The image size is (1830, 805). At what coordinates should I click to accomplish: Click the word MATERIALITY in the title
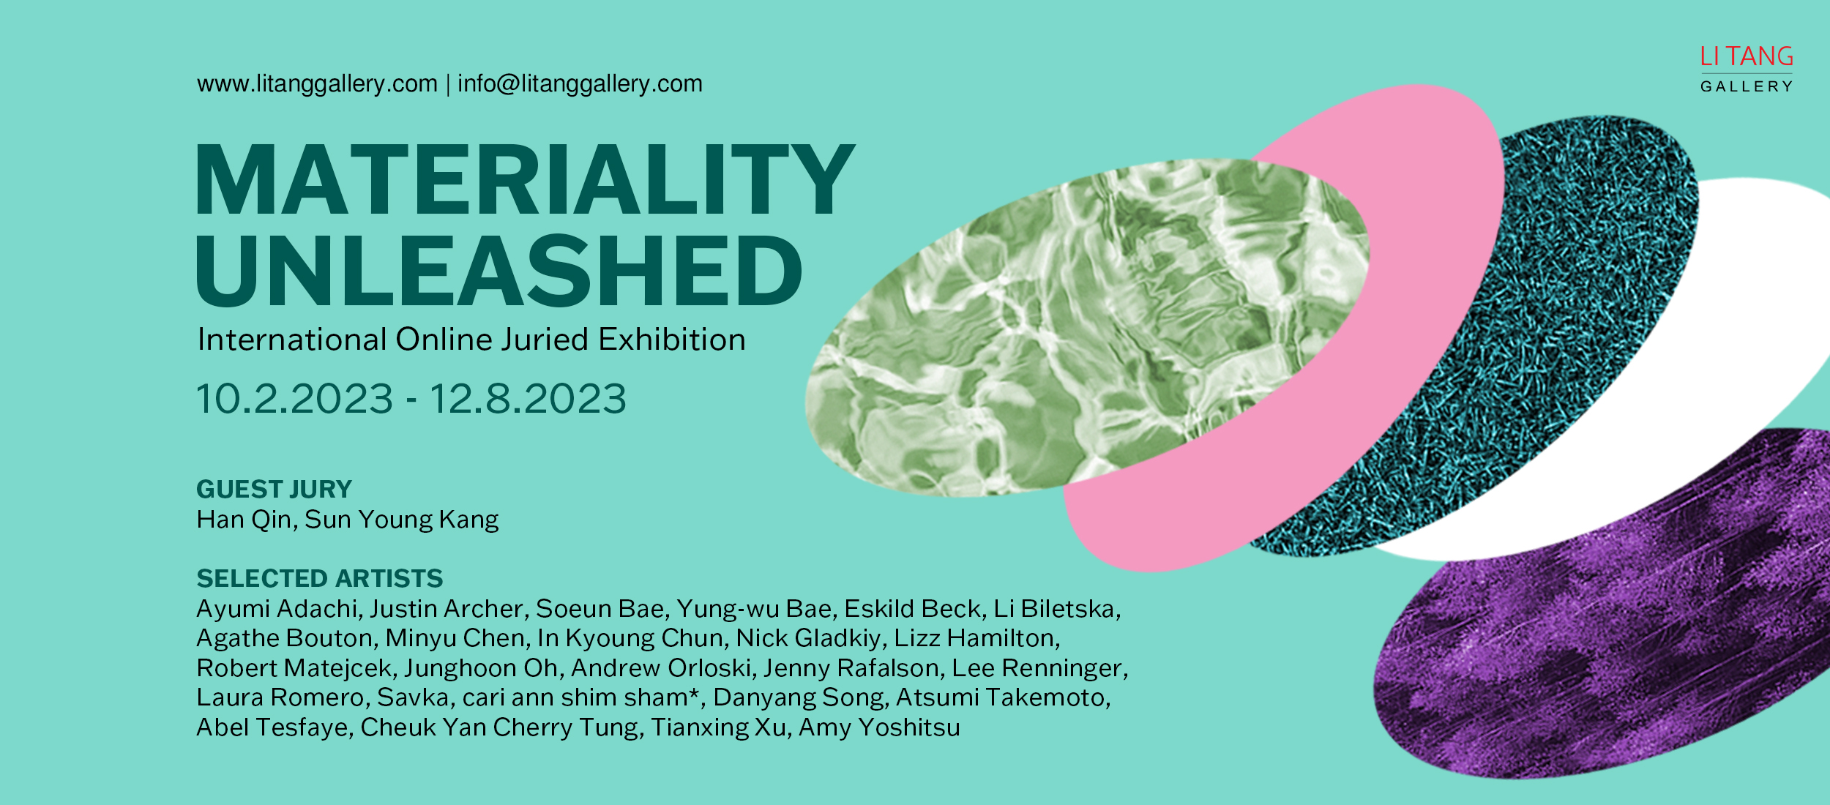click(525, 179)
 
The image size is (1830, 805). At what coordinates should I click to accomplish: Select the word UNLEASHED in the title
click(499, 271)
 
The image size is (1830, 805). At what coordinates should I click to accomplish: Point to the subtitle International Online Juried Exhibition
click(471, 340)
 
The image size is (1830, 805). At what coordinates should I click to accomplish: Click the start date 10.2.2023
click(295, 400)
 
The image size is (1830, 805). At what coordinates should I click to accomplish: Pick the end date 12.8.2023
click(528, 400)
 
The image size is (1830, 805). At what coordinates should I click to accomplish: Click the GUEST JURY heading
click(274, 489)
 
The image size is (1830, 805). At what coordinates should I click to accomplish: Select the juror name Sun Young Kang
click(402, 520)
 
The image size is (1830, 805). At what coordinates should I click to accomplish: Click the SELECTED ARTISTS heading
click(320, 579)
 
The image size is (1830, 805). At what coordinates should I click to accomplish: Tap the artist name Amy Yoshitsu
click(879, 728)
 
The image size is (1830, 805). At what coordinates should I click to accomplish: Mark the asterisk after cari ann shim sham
click(693, 692)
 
